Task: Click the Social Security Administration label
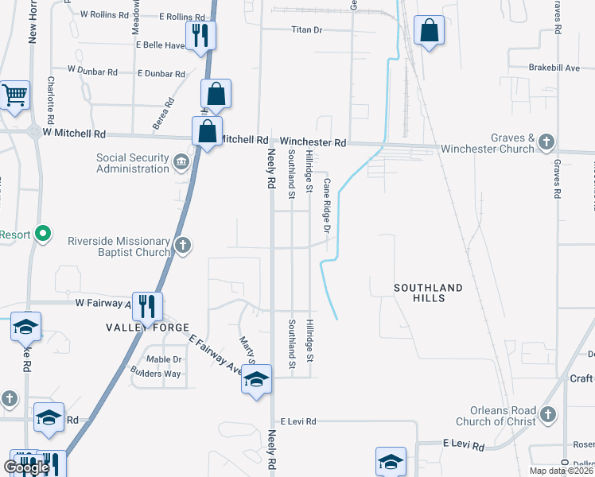coord(132,163)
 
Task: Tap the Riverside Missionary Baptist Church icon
coord(183,244)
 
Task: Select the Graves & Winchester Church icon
coord(546,142)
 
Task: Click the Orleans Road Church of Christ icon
coord(547,414)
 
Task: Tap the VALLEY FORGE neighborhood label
coord(148,328)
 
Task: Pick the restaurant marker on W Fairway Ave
coord(147,305)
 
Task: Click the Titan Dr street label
coord(306,30)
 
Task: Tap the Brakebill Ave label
coord(554,68)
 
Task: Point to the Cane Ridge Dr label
coord(326,205)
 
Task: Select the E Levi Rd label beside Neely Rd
coord(298,421)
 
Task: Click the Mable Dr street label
coord(164,359)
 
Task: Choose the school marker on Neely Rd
coord(256,379)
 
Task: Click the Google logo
coord(26,467)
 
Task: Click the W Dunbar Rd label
coord(92,72)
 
